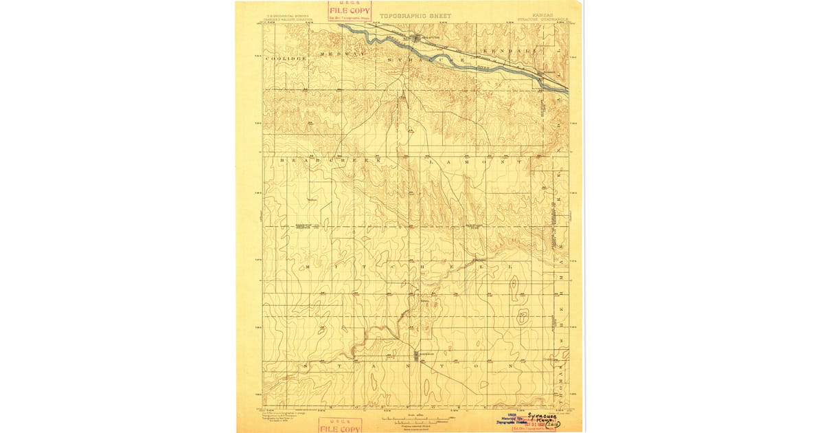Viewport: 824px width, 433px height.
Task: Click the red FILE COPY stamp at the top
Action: (x=350, y=11)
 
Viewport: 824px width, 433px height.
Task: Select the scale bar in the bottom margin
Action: (x=411, y=419)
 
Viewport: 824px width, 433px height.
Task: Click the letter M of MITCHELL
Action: (x=307, y=266)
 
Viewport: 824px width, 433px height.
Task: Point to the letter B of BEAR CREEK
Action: (x=282, y=160)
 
